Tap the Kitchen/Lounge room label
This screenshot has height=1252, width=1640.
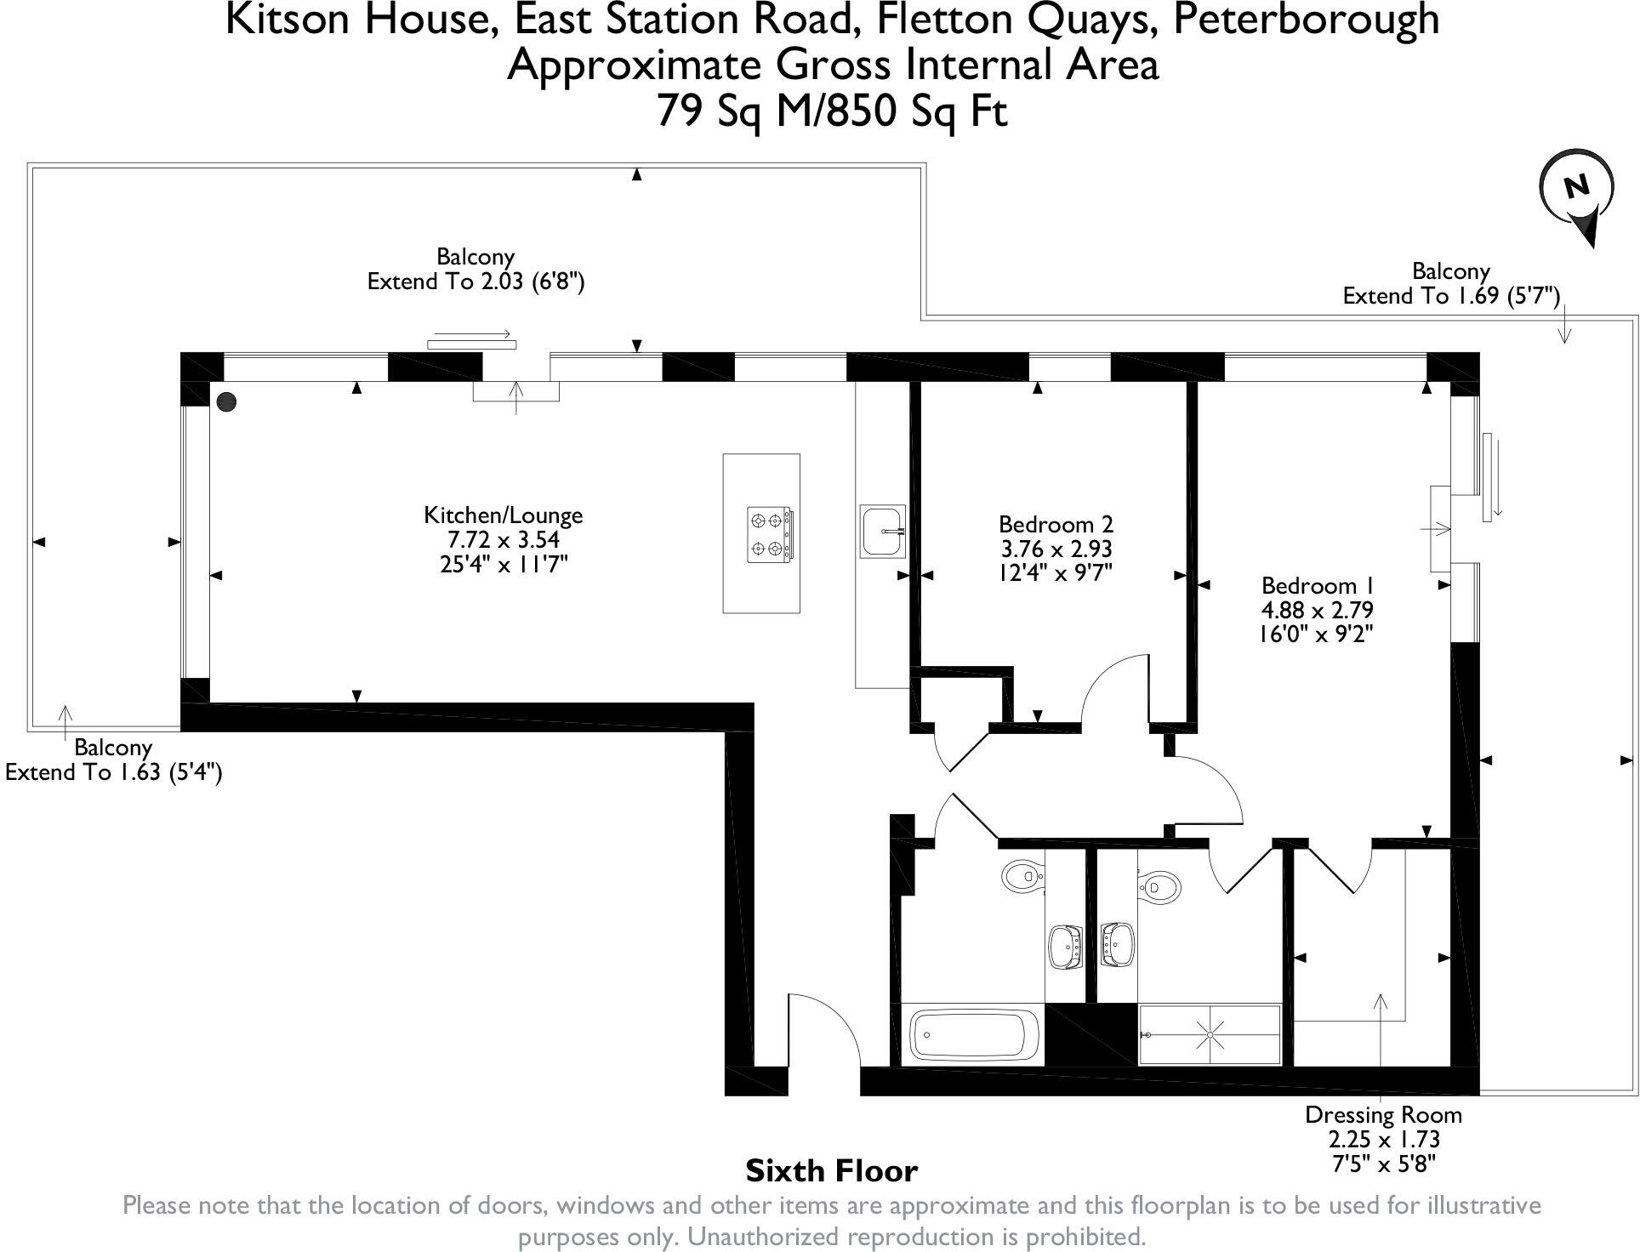pos(503,515)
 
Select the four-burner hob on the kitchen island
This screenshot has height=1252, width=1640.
pos(770,534)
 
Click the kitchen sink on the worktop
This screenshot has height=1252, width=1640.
pos(883,531)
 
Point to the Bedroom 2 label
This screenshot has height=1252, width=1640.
pos(1055,524)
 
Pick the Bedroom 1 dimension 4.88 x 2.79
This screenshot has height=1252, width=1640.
pos(1317,610)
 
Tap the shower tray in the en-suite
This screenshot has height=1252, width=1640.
pos(1209,1035)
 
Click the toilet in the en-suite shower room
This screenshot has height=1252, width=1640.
pos(1159,886)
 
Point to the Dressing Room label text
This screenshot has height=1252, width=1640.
pos(1383,1114)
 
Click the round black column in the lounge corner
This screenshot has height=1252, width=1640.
pos(226,402)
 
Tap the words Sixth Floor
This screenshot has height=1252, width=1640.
pos(831,1171)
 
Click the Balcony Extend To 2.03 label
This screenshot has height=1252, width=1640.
pos(475,269)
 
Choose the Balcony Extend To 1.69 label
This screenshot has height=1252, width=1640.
pos(1450,283)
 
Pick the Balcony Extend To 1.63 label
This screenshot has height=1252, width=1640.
pos(113,760)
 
